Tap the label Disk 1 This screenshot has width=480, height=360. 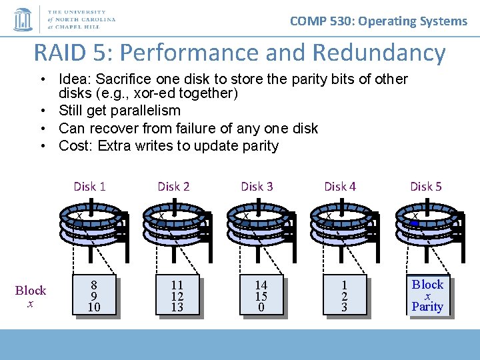click(89, 187)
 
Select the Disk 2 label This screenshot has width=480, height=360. click(173, 187)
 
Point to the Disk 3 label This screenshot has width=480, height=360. click(257, 187)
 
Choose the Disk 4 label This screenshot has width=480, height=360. click(340, 187)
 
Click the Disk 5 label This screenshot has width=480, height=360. click(425, 187)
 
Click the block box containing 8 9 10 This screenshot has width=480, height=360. click(93, 295)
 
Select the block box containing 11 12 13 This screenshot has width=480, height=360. click(177, 295)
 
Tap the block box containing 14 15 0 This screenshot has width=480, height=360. click(261, 295)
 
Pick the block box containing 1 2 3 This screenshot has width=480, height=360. click(344, 295)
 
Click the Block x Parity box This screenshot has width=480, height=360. click(427, 295)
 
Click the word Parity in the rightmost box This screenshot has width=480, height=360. click(427, 307)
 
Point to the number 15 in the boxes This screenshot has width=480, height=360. click(261, 296)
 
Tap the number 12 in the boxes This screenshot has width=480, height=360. click(177, 296)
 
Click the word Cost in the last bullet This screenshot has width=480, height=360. click(73, 146)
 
